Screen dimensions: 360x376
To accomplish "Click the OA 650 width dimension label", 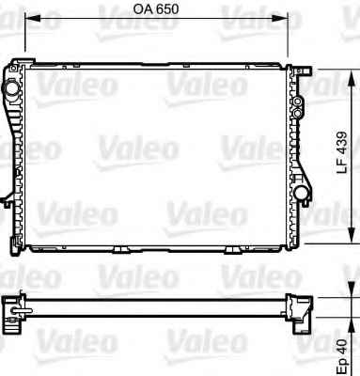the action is [156, 9].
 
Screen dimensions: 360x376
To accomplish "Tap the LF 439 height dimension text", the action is [342, 152].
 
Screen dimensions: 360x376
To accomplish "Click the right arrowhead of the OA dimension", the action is [280, 18].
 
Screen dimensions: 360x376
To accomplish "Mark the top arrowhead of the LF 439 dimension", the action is [352, 77].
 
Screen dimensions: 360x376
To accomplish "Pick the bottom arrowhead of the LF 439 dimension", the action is [352, 236].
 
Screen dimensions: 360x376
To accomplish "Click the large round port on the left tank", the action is [11, 88].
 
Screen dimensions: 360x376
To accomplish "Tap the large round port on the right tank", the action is [303, 193].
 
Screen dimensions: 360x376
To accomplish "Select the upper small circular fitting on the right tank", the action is [297, 102].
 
